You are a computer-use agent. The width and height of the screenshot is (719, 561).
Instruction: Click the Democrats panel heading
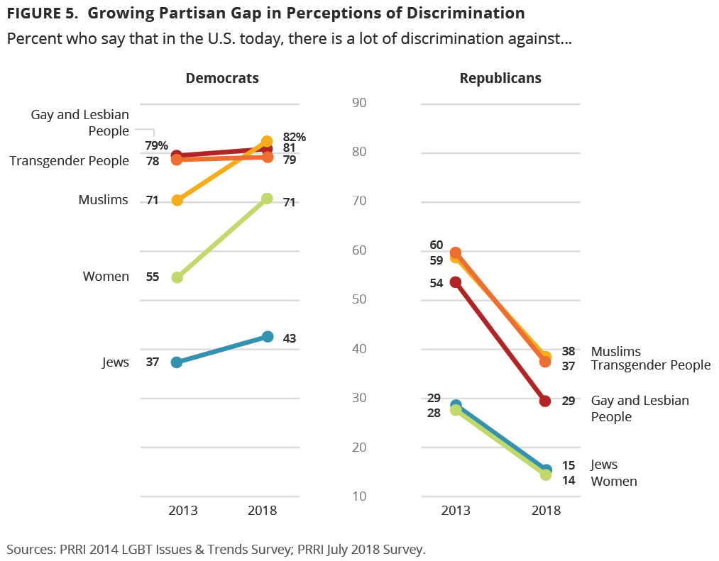pos(222,78)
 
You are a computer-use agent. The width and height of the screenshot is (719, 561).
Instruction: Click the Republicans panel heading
pos(500,78)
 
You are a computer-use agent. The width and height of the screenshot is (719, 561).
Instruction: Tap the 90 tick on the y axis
pos(359,103)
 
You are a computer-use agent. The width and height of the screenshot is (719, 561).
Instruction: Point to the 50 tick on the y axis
pos(359,299)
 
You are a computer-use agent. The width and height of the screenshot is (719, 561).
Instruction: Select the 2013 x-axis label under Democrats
pos(182,510)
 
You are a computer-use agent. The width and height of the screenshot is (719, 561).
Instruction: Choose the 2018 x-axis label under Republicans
pos(546,510)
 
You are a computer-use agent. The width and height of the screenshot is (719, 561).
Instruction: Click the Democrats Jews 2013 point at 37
pos(177,362)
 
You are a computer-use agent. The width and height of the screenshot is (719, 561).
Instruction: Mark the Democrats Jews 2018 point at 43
pos(267,336)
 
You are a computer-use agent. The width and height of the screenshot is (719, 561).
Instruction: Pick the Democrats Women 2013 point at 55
pos(177,277)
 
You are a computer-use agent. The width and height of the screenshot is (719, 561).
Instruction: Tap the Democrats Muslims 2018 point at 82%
pos(267,141)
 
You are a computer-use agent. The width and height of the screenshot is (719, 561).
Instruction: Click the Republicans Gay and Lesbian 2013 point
pos(456,282)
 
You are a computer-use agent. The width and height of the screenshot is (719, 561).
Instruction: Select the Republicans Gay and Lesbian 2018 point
pos(545,401)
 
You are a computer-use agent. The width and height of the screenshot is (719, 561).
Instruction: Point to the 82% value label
pos(294,137)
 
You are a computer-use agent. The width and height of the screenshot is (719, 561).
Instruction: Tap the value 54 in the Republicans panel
pos(436,282)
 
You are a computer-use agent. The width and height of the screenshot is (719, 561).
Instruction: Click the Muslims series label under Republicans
pos(615,351)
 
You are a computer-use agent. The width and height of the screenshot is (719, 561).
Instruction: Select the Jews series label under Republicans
pos(604,465)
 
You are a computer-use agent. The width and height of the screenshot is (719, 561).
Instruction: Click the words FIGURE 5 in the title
pos(43,13)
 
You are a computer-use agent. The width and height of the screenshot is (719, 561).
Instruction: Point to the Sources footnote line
pos(216,549)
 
